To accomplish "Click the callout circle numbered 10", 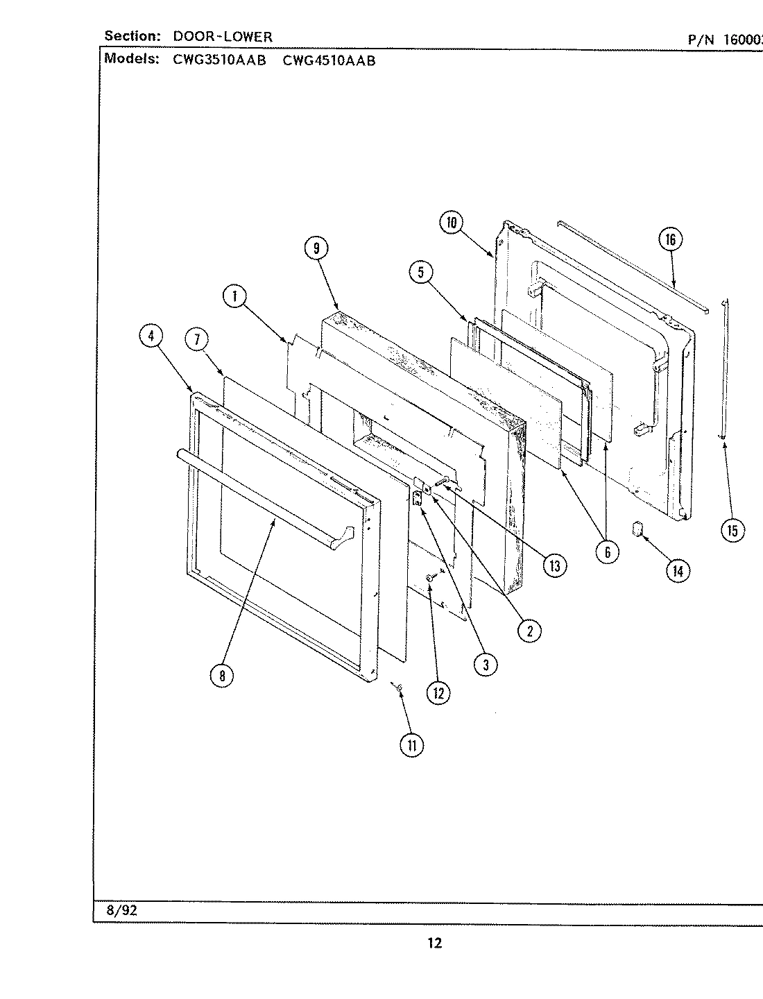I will click(x=452, y=223).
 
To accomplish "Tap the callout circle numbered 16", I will click(x=670, y=240).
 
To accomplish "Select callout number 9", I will click(x=316, y=248).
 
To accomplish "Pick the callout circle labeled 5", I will click(x=420, y=273).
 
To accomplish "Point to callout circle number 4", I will click(x=151, y=336).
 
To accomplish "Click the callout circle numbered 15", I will click(x=732, y=531).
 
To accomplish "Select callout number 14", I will click(x=678, y=571).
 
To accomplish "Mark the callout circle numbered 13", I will click(x=554, y=565).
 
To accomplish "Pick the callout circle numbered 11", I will click(x=411, y=745).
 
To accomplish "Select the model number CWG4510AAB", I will click(x=329, y=60).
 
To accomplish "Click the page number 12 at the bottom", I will click(x=434, y=943).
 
